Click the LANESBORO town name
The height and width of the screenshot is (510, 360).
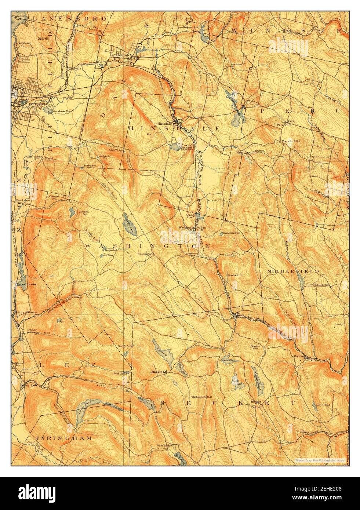69,18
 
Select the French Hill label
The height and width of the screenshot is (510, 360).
291,141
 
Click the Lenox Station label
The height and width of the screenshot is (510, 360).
28,284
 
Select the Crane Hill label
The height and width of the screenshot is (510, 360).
233,275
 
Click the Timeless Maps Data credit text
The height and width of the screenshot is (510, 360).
320,459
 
